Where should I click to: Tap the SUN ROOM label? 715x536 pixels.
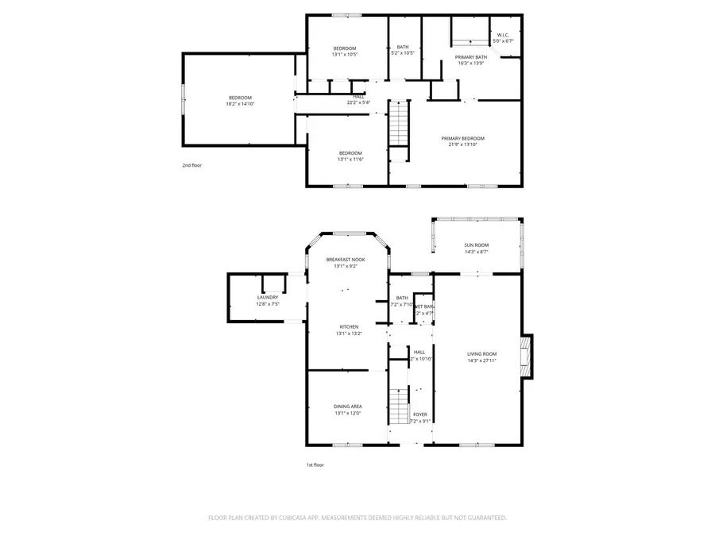(477, 245)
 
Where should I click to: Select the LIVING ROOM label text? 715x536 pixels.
(481, 354)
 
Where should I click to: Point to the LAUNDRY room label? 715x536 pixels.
(268, 297)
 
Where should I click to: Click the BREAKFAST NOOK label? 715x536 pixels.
(346, 260)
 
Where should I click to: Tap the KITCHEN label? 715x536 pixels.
(349, 326)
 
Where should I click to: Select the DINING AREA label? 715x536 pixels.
(348, 407)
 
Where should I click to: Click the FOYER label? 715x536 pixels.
(419, 415)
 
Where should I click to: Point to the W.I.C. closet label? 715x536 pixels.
(504, 35)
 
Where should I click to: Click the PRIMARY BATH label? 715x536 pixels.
(470, 57)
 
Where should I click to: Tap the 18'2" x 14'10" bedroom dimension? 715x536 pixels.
(240, 104)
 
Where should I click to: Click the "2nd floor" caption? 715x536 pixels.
(192, 165)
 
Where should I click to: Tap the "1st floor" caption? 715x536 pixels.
(315, 465)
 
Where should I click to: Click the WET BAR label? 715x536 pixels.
(424, 307)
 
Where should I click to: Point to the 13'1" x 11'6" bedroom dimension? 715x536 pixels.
(350, 160)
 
